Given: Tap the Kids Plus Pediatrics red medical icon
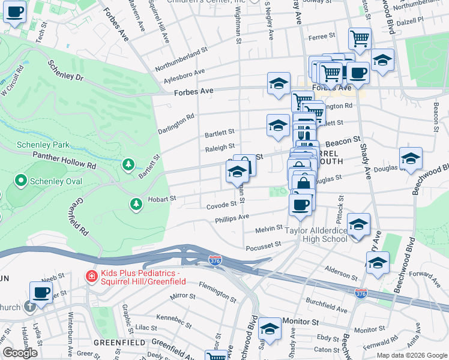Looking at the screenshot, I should click(91, 277).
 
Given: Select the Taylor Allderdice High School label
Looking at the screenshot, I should click(316, 234).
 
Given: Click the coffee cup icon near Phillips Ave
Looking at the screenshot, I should click(300, 205).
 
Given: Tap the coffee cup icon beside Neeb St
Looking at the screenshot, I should click(41, 292).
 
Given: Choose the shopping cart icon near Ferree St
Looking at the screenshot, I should click(360, 39).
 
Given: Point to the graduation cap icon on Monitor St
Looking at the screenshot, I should click(270, 329).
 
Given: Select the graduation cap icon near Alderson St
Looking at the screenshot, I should click(378, 263).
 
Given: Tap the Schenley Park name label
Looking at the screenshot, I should click(43, 145).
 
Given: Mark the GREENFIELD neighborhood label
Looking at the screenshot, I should click(119, 342).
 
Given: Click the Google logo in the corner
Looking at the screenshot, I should click(20, 353).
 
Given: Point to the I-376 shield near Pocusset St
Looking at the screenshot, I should click(215, 260).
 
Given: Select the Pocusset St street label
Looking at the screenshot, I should click(263, 246).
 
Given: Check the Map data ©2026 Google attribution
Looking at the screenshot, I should click(411, 355).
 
